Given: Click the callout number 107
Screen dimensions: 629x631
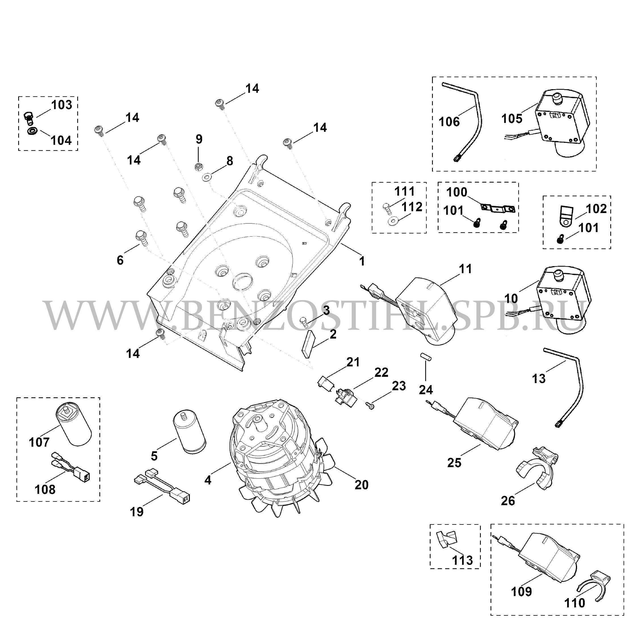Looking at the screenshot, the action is (39, 443).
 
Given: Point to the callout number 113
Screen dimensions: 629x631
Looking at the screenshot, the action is (463, 561).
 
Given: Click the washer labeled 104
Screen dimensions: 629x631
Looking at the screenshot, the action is (32, 131).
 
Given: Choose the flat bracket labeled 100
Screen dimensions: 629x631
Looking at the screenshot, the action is (498, 208).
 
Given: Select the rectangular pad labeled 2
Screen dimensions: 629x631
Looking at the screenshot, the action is (308, 344).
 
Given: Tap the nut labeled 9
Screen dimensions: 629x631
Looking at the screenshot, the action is (198, 167).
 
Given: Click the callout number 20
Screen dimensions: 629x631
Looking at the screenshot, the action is (362, 485).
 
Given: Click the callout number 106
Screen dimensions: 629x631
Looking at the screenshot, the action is (449, 122).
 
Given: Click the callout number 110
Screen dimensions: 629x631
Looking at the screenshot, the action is (575, 603).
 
